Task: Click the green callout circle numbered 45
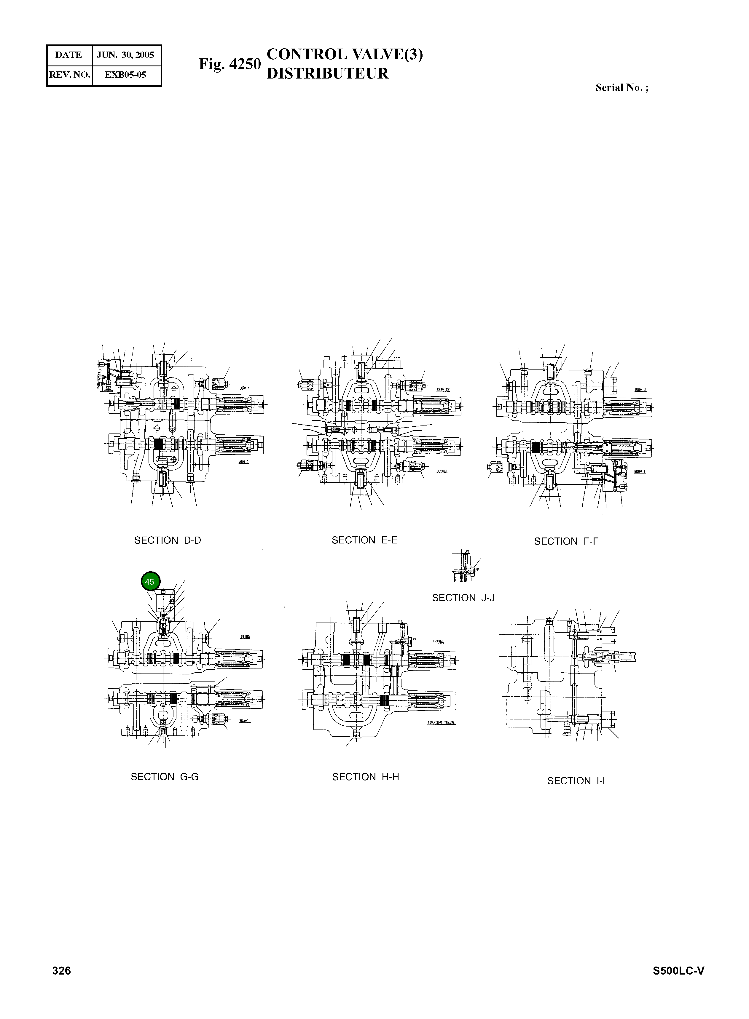(x=150, y=582)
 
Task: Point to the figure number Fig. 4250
(x=230, y=64)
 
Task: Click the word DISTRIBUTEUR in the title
(x=327, y=74)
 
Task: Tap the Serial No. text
(x=621, y=88)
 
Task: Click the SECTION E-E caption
(x=364, y=540)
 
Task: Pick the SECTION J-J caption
(x=463, y=598)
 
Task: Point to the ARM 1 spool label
(x=245, y=388)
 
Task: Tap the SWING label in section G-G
(x=245, y=637)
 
